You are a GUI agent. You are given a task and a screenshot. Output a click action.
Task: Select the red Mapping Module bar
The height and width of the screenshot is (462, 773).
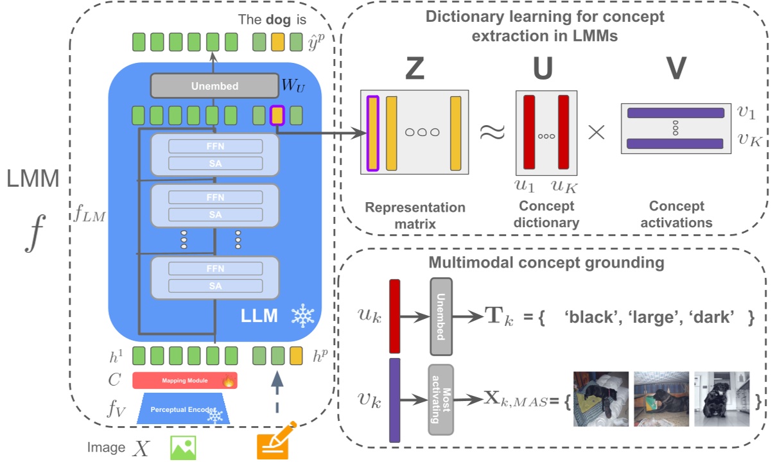pos(185,381)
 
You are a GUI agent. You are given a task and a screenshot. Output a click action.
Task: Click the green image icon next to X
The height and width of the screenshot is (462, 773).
pos(182,447)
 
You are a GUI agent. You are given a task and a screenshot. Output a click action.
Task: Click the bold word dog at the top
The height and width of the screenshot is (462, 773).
pos(277,19)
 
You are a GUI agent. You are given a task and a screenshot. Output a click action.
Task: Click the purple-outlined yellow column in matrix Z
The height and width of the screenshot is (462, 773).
pos(372,133)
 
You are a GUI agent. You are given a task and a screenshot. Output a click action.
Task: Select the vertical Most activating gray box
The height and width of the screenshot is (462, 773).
pos(440,399)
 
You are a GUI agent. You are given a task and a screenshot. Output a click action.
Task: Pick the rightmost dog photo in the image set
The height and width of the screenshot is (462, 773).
pos(721,399)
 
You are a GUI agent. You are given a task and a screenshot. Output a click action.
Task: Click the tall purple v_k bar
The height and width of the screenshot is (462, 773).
pos(395,400)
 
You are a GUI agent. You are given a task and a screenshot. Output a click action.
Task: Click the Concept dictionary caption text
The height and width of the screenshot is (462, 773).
pos(547,215)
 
